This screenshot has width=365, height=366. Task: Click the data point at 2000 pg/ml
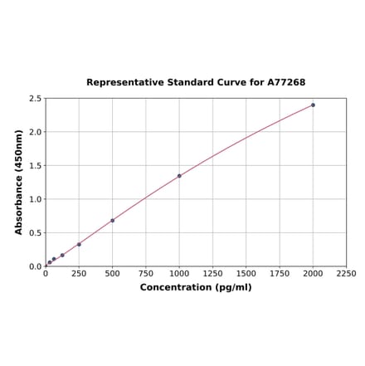coord(313,105)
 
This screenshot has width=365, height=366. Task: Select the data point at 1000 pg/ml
coord(179,176)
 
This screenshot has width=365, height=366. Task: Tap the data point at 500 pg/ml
coord(112,221)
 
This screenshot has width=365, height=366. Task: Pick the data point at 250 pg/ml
coord(79,244)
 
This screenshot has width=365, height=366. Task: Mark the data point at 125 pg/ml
coord(62,255)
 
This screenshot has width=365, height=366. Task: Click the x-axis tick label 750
coord(145,274)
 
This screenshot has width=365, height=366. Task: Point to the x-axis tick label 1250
coord(212,274)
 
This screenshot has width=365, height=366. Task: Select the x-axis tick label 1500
coord(246,274)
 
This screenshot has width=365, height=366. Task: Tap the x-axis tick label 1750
coord(280,274)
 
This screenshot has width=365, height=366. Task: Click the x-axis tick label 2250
coord(346,274)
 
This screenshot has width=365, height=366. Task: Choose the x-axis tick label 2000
coord(313,274)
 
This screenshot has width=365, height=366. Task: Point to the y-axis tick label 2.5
coord(36,99)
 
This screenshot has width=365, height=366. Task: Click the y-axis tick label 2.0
coord(36,132)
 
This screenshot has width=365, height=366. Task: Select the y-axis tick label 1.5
coord(36,166)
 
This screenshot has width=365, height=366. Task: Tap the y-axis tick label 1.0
coord(36,199)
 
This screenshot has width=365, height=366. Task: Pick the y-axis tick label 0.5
coord(36,233)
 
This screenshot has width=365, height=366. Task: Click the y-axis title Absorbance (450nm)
coord(19,182)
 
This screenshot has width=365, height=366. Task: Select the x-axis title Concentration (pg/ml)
coord(196,288)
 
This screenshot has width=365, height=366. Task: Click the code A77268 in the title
coord(286,83)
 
